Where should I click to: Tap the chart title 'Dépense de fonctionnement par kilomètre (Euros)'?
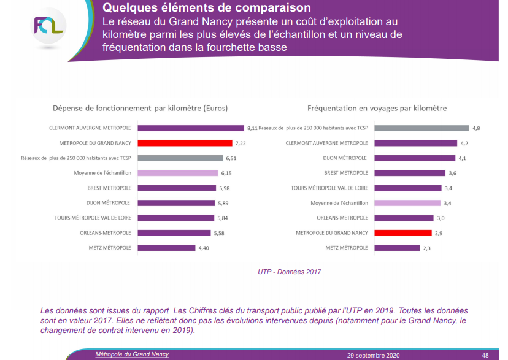(x=140, y=108)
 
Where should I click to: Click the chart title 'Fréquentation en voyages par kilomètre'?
(x=377, y=108)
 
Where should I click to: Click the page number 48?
(x=485, y=355)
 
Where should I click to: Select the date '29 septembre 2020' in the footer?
(x=373, y=355)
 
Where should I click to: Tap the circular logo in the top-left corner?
(x=48, y=28)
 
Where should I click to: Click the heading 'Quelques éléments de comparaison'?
(x=207, y=8)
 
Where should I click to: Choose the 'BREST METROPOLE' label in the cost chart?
(x=104, y=188)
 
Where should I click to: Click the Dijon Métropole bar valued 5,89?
(x=175, y=203)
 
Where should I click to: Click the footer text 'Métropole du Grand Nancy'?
(x=132, y=354)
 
